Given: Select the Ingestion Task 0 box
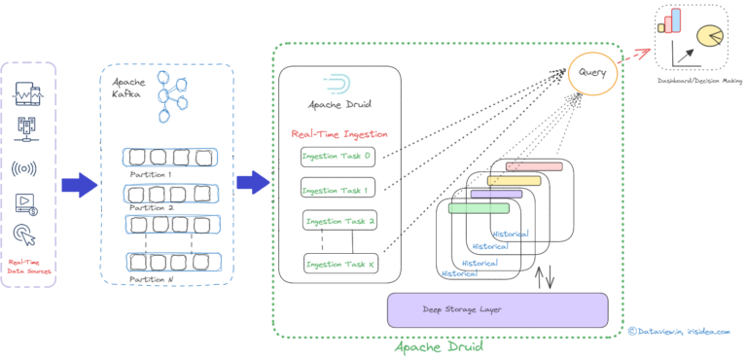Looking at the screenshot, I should point(337,156).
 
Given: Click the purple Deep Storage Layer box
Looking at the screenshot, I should point(497,309).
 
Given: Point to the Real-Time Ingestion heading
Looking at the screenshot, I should point(339,133).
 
